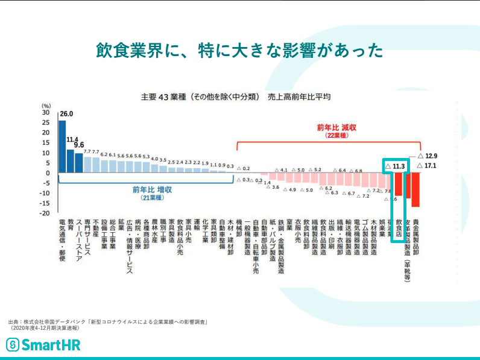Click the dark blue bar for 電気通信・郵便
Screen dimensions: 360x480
pos(62,147)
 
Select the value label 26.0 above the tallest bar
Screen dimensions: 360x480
pos(66,113)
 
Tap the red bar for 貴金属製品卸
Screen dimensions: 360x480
pos(415,190)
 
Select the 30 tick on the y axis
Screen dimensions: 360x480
pos(46,112)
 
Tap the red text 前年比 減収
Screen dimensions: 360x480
pos(336,128)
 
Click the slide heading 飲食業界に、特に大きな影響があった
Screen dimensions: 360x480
pos(239,50)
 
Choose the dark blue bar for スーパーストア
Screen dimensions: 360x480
pos(79,162)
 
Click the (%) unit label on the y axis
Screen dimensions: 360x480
pos(46,106)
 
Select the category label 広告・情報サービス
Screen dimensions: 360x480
pos(129,247)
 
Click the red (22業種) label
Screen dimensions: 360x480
pos(336,136)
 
